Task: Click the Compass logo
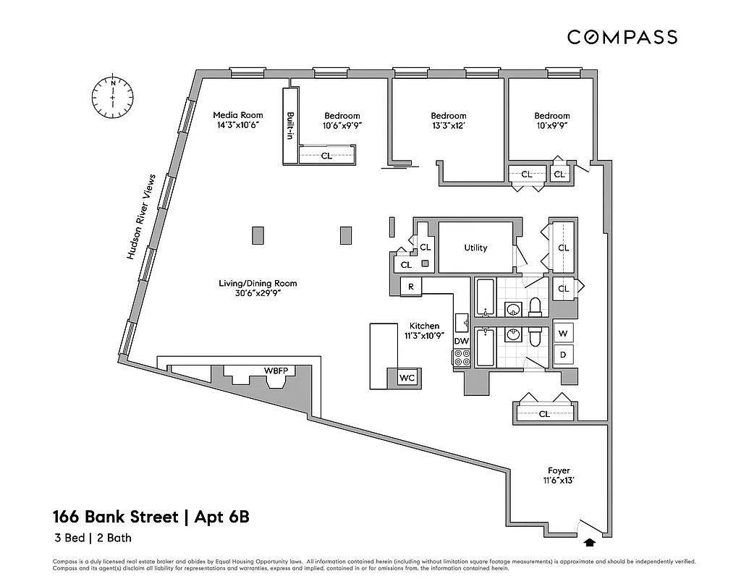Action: (622, 37)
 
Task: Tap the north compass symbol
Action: (113, 97)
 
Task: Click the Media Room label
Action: (237, 115)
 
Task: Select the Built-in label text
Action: (290, 126)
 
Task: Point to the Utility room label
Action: (475, 248)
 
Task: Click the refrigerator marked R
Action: (411, 287)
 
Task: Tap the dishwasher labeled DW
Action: (462, 341)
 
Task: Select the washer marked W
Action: (564, 334)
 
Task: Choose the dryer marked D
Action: (564, 355)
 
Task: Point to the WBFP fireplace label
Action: (276, 371)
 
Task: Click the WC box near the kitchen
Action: (406, 377)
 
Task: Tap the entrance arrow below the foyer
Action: (589, 541)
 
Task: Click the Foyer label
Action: (559, 470)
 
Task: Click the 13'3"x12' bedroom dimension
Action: (448, 126)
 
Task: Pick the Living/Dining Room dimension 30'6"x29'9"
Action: (258, 294)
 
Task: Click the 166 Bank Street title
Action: (152, 517)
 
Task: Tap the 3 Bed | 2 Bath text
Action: (92, 538)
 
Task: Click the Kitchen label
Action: (424, 326)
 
